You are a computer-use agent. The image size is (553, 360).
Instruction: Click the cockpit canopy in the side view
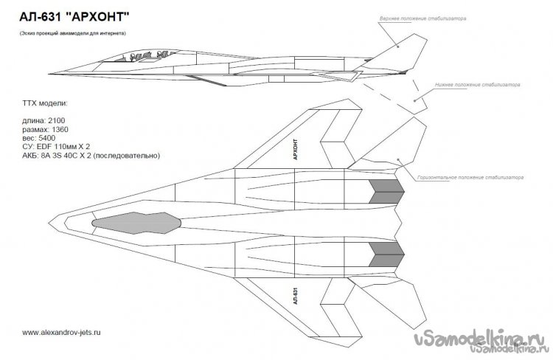click(x=147, y=55)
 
